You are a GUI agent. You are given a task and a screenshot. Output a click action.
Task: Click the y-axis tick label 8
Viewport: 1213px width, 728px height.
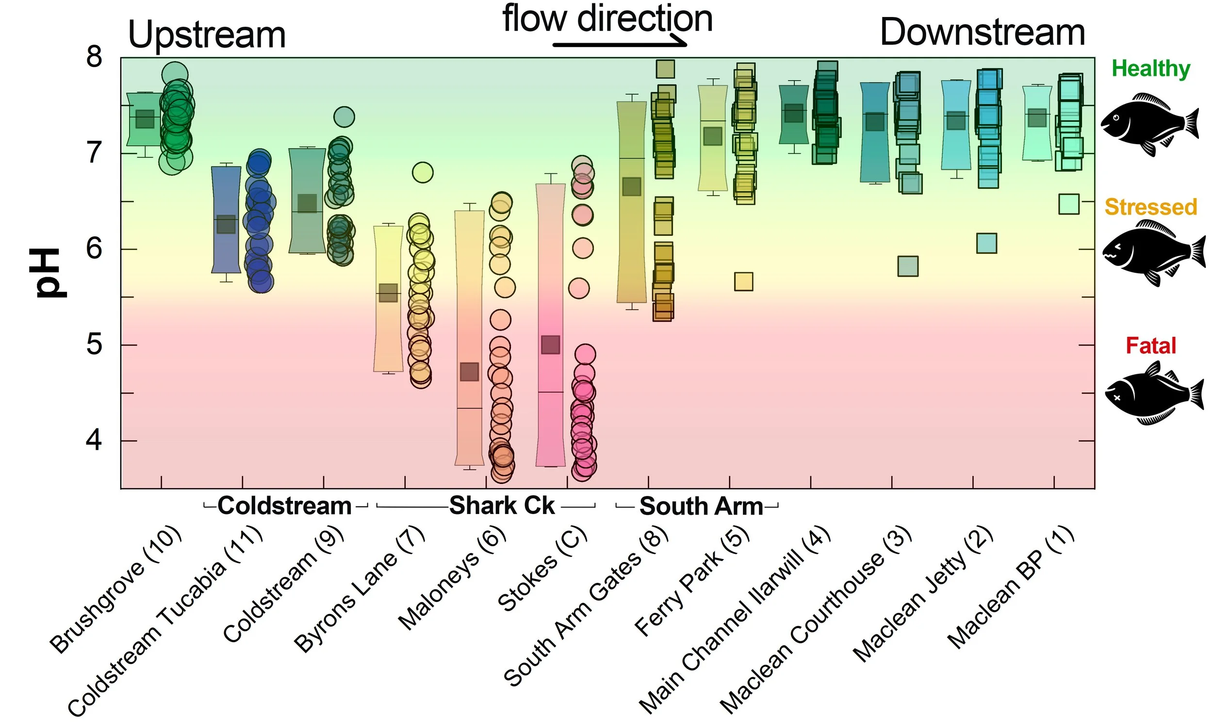click(94, 57)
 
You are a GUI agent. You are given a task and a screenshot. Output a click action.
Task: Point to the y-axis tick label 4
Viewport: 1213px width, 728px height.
click(94, 440)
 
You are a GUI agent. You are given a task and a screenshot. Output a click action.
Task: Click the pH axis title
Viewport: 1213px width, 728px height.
click(50, 273)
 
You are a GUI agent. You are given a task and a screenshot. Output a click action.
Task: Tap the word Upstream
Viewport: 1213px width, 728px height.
click(206, 35)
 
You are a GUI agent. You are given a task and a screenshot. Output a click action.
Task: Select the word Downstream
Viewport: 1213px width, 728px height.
click(982, 33)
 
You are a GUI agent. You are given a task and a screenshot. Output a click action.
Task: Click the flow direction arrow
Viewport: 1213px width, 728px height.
click(620, 45)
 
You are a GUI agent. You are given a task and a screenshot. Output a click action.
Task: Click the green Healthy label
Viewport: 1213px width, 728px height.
click(1150, 69)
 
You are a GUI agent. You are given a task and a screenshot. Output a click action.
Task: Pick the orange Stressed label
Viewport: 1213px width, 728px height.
click(1150, 207)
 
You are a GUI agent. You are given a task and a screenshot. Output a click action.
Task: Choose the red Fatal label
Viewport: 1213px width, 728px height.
click(1150, 346)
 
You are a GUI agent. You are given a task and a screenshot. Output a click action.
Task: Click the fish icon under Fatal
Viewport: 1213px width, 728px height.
click(1153, 394)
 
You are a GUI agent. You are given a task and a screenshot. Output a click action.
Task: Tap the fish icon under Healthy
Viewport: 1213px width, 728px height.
click(1149, 125)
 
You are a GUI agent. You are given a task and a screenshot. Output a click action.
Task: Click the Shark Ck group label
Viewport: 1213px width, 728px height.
click(502, 506)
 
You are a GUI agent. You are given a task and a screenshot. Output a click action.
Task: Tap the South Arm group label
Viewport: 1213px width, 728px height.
click(701, 506)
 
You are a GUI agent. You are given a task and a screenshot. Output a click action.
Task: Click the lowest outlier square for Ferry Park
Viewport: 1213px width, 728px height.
click(743, 281)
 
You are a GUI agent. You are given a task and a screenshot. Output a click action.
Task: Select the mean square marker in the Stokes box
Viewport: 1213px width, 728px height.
click(550, 345)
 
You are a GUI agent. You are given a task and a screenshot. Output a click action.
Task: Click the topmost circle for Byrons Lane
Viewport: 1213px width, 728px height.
click(423, 173)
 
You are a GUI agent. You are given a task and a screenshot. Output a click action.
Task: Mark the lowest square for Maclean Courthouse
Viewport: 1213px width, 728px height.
click(907, 266)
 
